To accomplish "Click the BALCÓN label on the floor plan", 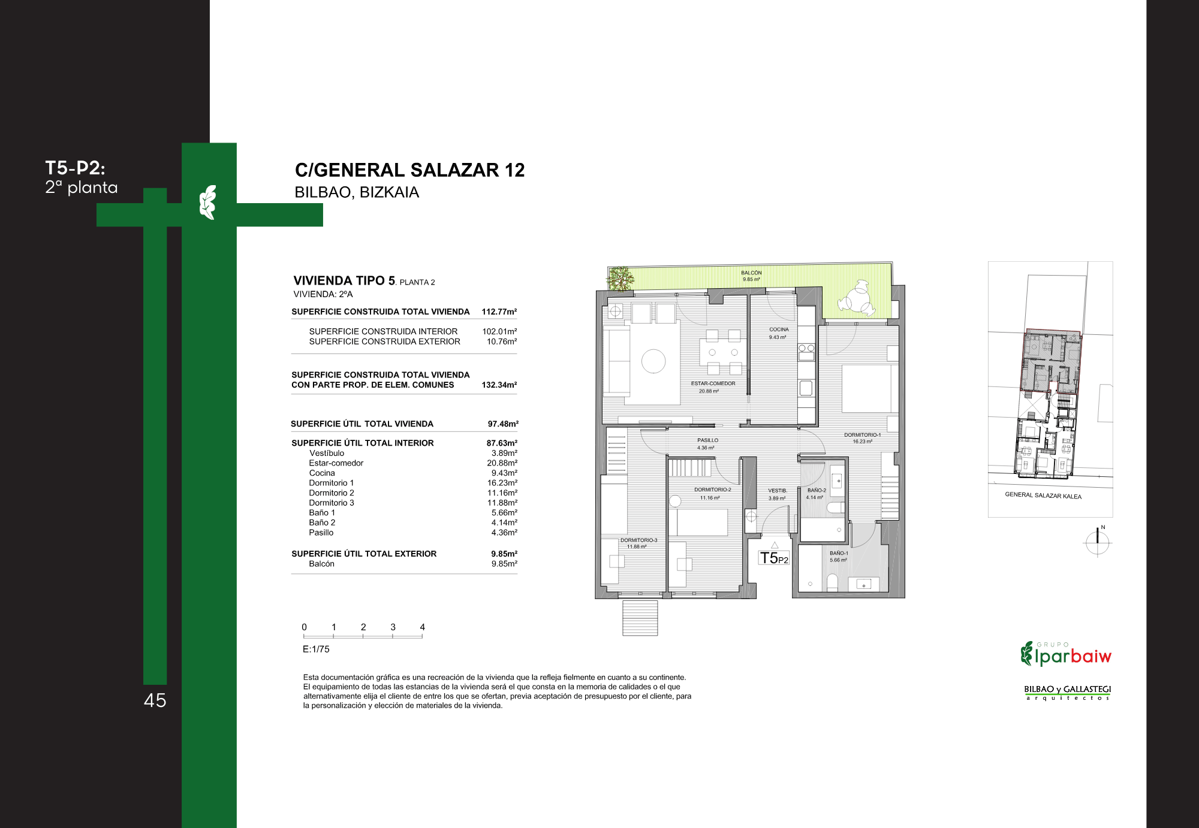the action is pos(751,273).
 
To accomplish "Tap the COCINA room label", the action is pos(779,330).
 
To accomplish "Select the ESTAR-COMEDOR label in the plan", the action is pos(713,383).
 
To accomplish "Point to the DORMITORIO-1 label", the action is pos(862,435).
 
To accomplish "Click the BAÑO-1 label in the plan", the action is pos(839,553).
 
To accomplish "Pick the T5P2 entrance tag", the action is pos(774,558).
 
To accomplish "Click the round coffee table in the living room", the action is pos(653,361).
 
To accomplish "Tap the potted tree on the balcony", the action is pos(620,279).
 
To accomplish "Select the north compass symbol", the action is pos(1098,542).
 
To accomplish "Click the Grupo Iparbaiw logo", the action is pos(1066,654).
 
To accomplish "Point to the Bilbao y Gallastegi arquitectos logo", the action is pos(1067,693).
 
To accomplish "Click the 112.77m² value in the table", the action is pos(499,312).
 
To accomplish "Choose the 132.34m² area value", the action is pos(499,385).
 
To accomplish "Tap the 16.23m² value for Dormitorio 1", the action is pos(502,483).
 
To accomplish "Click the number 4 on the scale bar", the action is pos(423,627).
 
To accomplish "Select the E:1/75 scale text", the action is pos(316,649).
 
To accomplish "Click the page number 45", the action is pos(155,700).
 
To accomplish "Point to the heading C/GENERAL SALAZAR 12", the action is pos(409,170).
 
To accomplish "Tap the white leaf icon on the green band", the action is pos(207,202).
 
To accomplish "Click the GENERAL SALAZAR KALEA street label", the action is pos(1043,495).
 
